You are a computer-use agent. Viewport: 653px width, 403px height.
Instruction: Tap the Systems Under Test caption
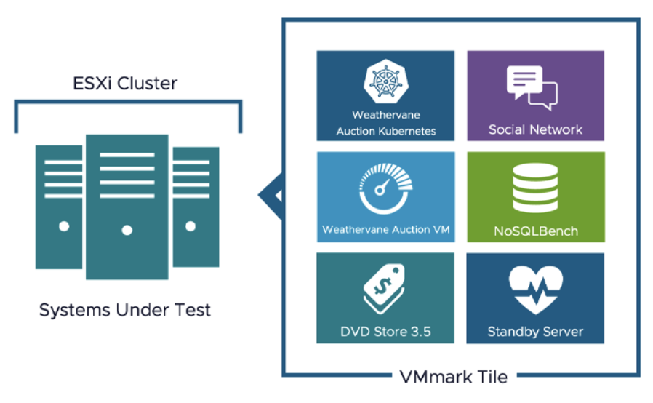point(124,311)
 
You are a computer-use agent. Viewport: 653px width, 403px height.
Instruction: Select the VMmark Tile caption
point(453,377)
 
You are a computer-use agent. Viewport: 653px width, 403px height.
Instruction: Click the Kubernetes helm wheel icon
point(385,81)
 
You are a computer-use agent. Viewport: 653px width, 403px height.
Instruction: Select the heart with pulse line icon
point(535,290)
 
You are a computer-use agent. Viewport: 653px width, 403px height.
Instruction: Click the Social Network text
point(535,130)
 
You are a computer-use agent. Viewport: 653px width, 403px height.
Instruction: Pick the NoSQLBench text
point(535,231)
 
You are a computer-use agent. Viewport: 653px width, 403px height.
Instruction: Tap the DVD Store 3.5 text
point(385,332)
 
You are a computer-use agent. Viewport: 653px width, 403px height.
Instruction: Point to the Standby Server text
point(535,332)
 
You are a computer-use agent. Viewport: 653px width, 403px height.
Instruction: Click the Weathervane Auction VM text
point(385,230)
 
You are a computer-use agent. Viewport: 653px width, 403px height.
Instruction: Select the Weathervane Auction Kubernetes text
point(385,123)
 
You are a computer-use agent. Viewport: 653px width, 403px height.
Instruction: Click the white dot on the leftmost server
point(64,226)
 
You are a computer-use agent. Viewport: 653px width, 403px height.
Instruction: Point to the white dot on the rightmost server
point(190,226)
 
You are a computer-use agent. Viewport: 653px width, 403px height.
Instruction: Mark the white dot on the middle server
point(127,231)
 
